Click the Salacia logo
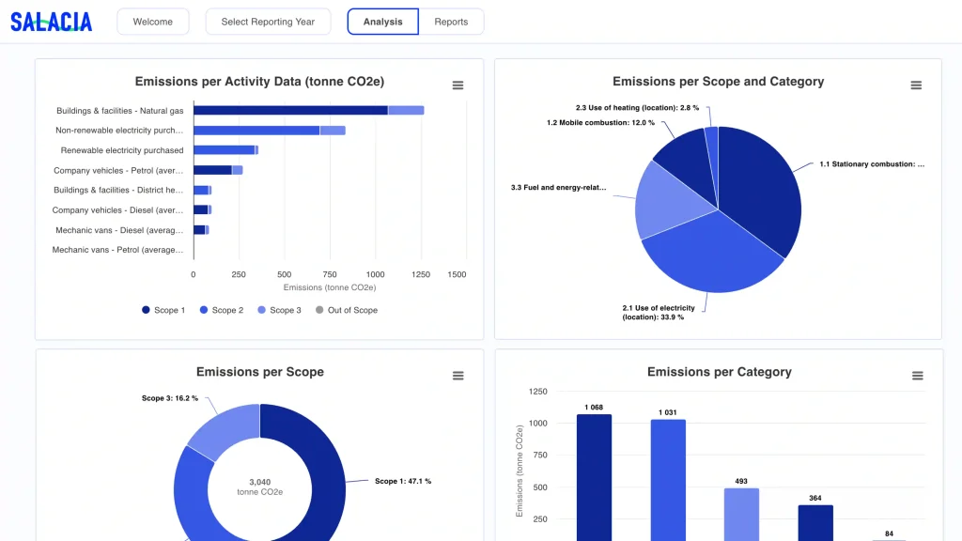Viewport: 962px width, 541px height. pyautogui.click(x=52, y=23)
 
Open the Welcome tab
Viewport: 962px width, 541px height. pyautogui.click(x=153, y=22)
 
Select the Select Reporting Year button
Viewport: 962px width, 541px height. pyautogui.click(x=268, y=22)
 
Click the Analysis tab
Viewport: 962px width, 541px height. pyautogui.click(x=383, y=22)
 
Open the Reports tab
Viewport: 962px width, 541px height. pyautogui.click(x=451, y=22)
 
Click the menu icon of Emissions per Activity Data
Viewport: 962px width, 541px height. pyautogui.click(x=458, y=85)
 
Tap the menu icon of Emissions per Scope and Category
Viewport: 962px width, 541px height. pyautogui.click(x=916, y=85)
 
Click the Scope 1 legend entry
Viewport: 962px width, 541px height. pyautogui.click(x=163, y=310)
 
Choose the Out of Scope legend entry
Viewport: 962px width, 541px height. pyautogui.click(x=347, y=310)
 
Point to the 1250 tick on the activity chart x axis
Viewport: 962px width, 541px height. pyautogui.click(x=421, y=275)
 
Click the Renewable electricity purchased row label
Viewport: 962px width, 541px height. pyautogui.click(x=122, y=150)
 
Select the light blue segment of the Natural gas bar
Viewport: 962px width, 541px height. pyautogui.click(x=406, y=111)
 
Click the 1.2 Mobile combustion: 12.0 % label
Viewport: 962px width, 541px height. pyautogui.click(x=600, y=123)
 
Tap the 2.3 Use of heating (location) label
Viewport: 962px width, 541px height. pyautogui.click(x=637, y=108)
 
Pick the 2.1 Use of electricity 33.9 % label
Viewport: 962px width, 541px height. pyautogui.click(x=659, y=313)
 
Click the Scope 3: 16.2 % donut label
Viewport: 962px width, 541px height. pyautogui.click(x=170, y=398)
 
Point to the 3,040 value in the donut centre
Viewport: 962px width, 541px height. pyautogui.click(x=260, y=482)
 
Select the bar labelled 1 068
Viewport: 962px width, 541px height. pyautogui.click(x=594, y=478)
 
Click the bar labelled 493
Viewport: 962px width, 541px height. pyautogui.click(x=742, y=515)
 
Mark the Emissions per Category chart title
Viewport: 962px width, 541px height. pyautogui.click(x=720, y=372)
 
